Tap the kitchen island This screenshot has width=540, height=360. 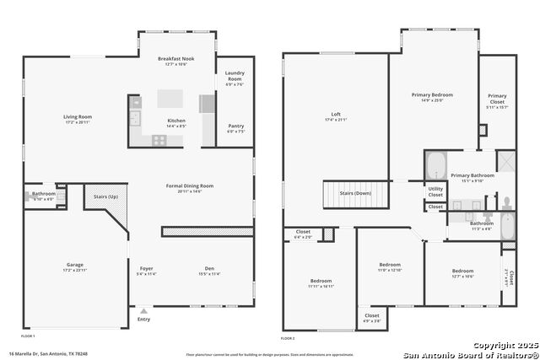pyautogui.click(x=170, y=99)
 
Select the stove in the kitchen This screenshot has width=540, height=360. pyautogui.click(x=158, y=140)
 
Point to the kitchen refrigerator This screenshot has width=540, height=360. pyautogui.click(x=207, y=104)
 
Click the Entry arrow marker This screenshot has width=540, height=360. pyautogui.click(x=143, y=309)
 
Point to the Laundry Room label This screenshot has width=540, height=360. pyautogui.click(x=235, y=77)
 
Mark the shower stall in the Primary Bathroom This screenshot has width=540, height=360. pyautogui.click(x=506, y=162)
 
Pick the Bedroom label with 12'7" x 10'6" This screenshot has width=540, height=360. pyautogui.click(x=462, y=271)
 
